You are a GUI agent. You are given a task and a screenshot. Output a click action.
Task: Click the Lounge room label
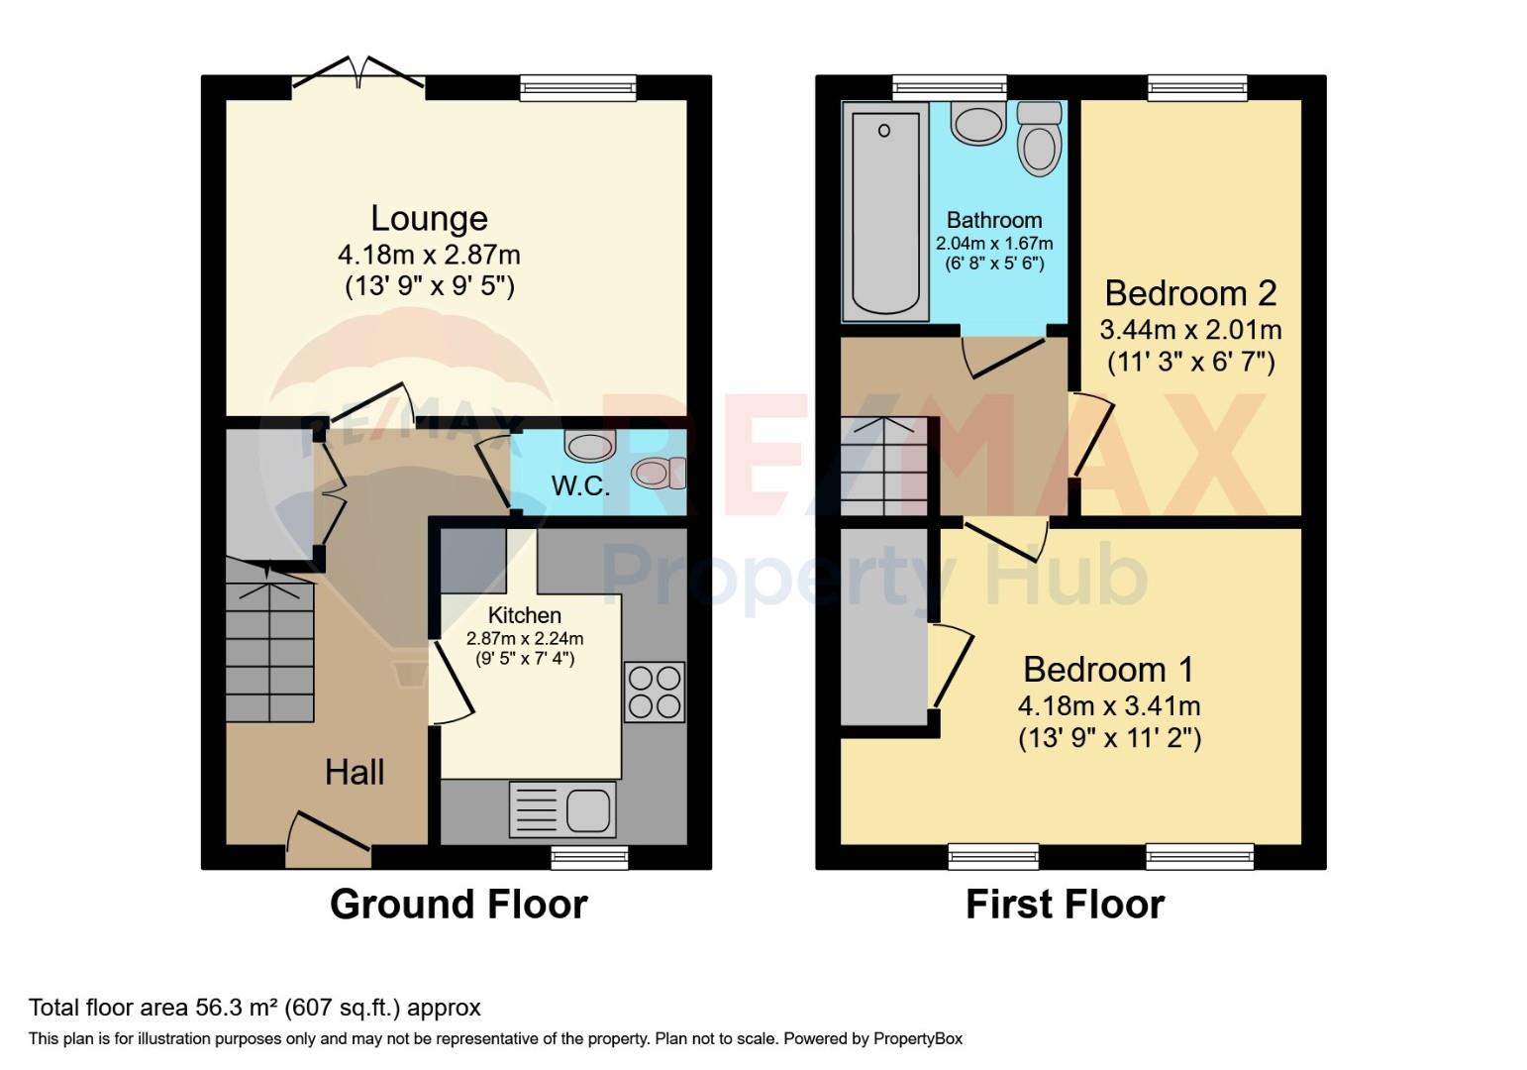(x=430, y=218)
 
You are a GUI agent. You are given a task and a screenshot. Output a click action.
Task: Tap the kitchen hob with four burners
(x=655, y=692)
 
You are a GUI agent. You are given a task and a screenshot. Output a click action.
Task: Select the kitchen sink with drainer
(x=562, y=809)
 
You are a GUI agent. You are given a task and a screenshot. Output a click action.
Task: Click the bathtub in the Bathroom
(x=885, y=212)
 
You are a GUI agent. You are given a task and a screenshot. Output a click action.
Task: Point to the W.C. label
(x=580, y=485)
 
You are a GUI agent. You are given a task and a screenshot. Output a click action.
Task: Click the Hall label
(x=355, y=773)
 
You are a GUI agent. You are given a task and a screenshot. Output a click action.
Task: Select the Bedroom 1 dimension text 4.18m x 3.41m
(x=1109, y=705)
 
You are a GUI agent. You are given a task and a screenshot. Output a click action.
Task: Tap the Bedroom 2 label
(x=1190, y=293)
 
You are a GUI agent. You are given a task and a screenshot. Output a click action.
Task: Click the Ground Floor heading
(x=458, y=905)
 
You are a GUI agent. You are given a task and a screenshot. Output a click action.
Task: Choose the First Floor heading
(x=1065, y=905)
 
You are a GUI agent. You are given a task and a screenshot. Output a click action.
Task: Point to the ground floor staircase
(x=270, y=641)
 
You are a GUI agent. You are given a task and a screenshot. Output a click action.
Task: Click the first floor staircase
(x=884, y=466)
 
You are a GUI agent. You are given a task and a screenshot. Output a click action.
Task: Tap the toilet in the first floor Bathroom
(x=1039, y=139)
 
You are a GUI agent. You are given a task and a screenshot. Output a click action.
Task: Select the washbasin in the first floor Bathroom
(x=978, y=123)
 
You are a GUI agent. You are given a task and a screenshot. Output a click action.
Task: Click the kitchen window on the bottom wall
(x=589, y=857)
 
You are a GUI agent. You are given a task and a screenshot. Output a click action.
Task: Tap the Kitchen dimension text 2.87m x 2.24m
(x=524, y=639)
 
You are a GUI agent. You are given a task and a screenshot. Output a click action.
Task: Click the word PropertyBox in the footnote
(x=918, y=1038)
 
